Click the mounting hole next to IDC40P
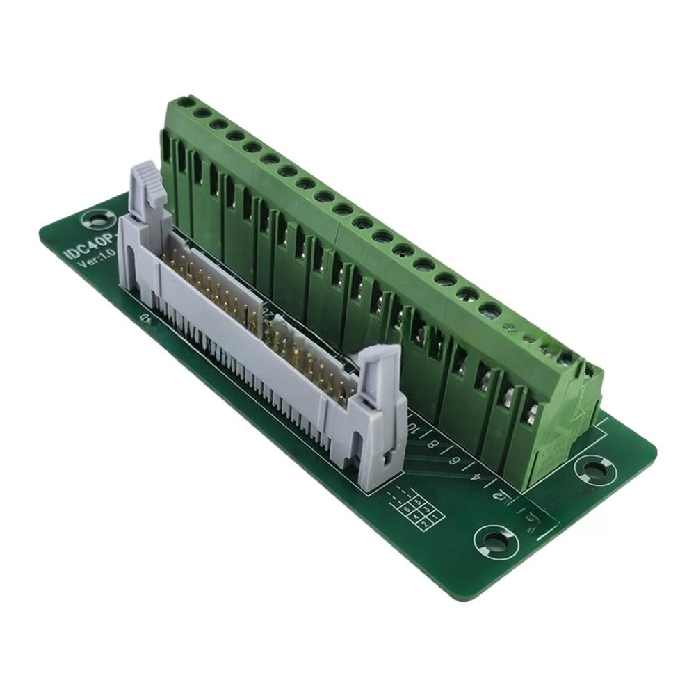pyautogui.click(x=92, y=221)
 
